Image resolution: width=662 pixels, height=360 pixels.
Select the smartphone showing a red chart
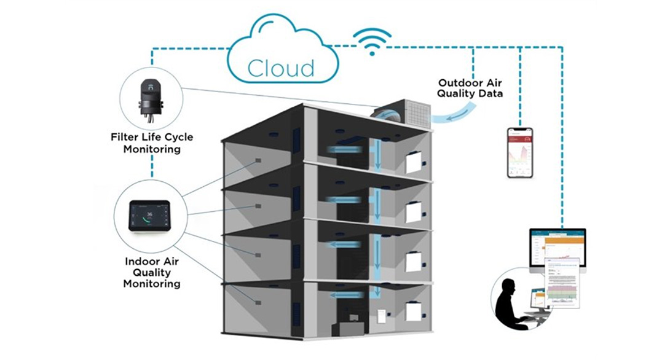click(519, 152)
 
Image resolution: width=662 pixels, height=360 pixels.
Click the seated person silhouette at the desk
click(513, 305)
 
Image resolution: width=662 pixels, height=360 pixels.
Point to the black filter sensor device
click(151, 98)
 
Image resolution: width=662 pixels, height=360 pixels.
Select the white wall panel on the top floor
click(416, 162)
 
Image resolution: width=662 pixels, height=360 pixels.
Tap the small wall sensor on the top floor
click(258, 161)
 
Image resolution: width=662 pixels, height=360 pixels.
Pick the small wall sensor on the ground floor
click(258, 300)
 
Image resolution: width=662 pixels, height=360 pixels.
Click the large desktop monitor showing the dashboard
click(558, 248)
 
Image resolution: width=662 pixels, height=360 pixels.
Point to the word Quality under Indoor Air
click(151, 272)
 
